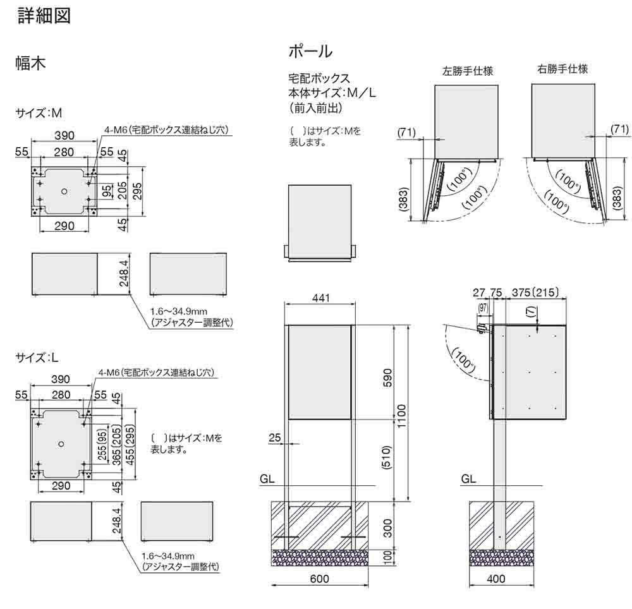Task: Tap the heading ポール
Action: pyautogui.click(x=310, y=51)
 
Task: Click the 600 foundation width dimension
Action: pyautogui.click(x=320, y=578)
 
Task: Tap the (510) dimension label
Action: pyautogui.click(x=387, y=459)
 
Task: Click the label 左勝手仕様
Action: pyautogui.click(x=468, y=71)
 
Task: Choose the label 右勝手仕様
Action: pyautogui.click(x=563, y=69)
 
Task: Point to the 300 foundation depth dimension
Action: pyautogui.click(x=387, y=526)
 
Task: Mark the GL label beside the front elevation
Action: pyautogui.click(x=268, y=479)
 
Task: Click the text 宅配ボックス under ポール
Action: pyautogui.click(x=319, y=79)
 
